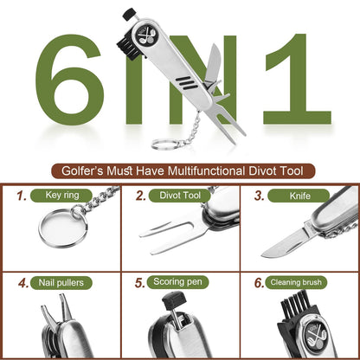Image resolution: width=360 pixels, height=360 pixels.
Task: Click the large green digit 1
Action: (297, 80)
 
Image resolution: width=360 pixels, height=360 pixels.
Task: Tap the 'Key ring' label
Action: (61, 196)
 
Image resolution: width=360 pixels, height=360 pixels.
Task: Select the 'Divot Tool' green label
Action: (180, 196)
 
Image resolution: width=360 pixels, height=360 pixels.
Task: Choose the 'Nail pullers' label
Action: (61, 283)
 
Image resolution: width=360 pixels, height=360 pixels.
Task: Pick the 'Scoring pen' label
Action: (177, 282)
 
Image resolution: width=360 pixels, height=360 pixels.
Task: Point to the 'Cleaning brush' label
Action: (296, 282)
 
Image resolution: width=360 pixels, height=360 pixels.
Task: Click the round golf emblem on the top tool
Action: (147, 35)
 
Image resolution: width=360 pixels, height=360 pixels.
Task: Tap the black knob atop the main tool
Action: (129, 14)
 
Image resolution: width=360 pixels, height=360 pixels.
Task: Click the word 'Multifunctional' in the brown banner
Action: (206, 171)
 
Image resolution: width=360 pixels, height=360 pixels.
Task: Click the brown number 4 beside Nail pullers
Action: (22, 283)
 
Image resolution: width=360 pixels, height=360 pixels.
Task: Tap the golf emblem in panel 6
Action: (316, 335)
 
